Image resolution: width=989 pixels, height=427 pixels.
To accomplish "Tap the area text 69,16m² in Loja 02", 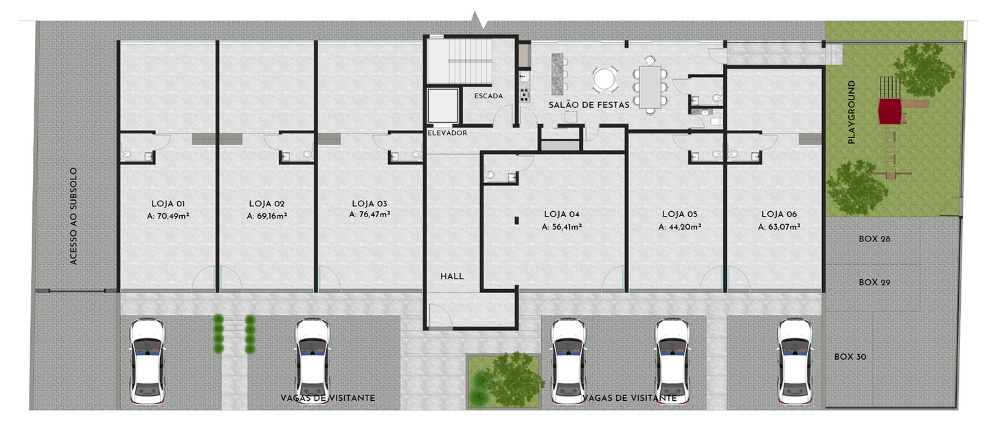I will click(x=266, y=216).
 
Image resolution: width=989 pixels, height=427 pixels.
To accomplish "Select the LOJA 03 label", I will click(x=370, y=204).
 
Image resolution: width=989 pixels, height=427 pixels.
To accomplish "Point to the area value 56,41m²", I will click(x=562, y=226).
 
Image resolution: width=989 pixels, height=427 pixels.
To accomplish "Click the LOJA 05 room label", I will click(x=679, y=214).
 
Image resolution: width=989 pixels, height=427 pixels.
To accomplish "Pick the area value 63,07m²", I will click(x=779, y=226).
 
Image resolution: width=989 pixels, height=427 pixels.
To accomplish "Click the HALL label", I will click(x=452, y=276).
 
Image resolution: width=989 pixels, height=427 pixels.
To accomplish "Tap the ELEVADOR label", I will click(x=447, y=133).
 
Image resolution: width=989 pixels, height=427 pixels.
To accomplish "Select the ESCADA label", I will click(x=488, y=96).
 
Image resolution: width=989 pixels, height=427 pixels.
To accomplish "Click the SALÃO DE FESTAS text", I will click(x=589, y=105).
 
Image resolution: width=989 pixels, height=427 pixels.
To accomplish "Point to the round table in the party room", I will click(x=605, y=79).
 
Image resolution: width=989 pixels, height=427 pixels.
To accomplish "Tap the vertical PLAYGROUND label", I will click(x=852, y=112).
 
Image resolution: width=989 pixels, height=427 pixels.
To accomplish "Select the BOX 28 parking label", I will click(x=874, y=239).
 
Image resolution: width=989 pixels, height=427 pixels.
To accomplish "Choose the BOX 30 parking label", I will click(x=850, y=357).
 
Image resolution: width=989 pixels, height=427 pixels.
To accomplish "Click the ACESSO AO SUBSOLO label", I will click(x=73, y=217).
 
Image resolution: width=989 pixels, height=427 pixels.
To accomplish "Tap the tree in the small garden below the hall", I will click(x=508, y=377).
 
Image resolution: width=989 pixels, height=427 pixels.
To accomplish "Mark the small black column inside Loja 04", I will click(x=516, y=220).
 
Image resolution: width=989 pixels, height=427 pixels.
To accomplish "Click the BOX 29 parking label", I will click(x=874, y=283).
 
